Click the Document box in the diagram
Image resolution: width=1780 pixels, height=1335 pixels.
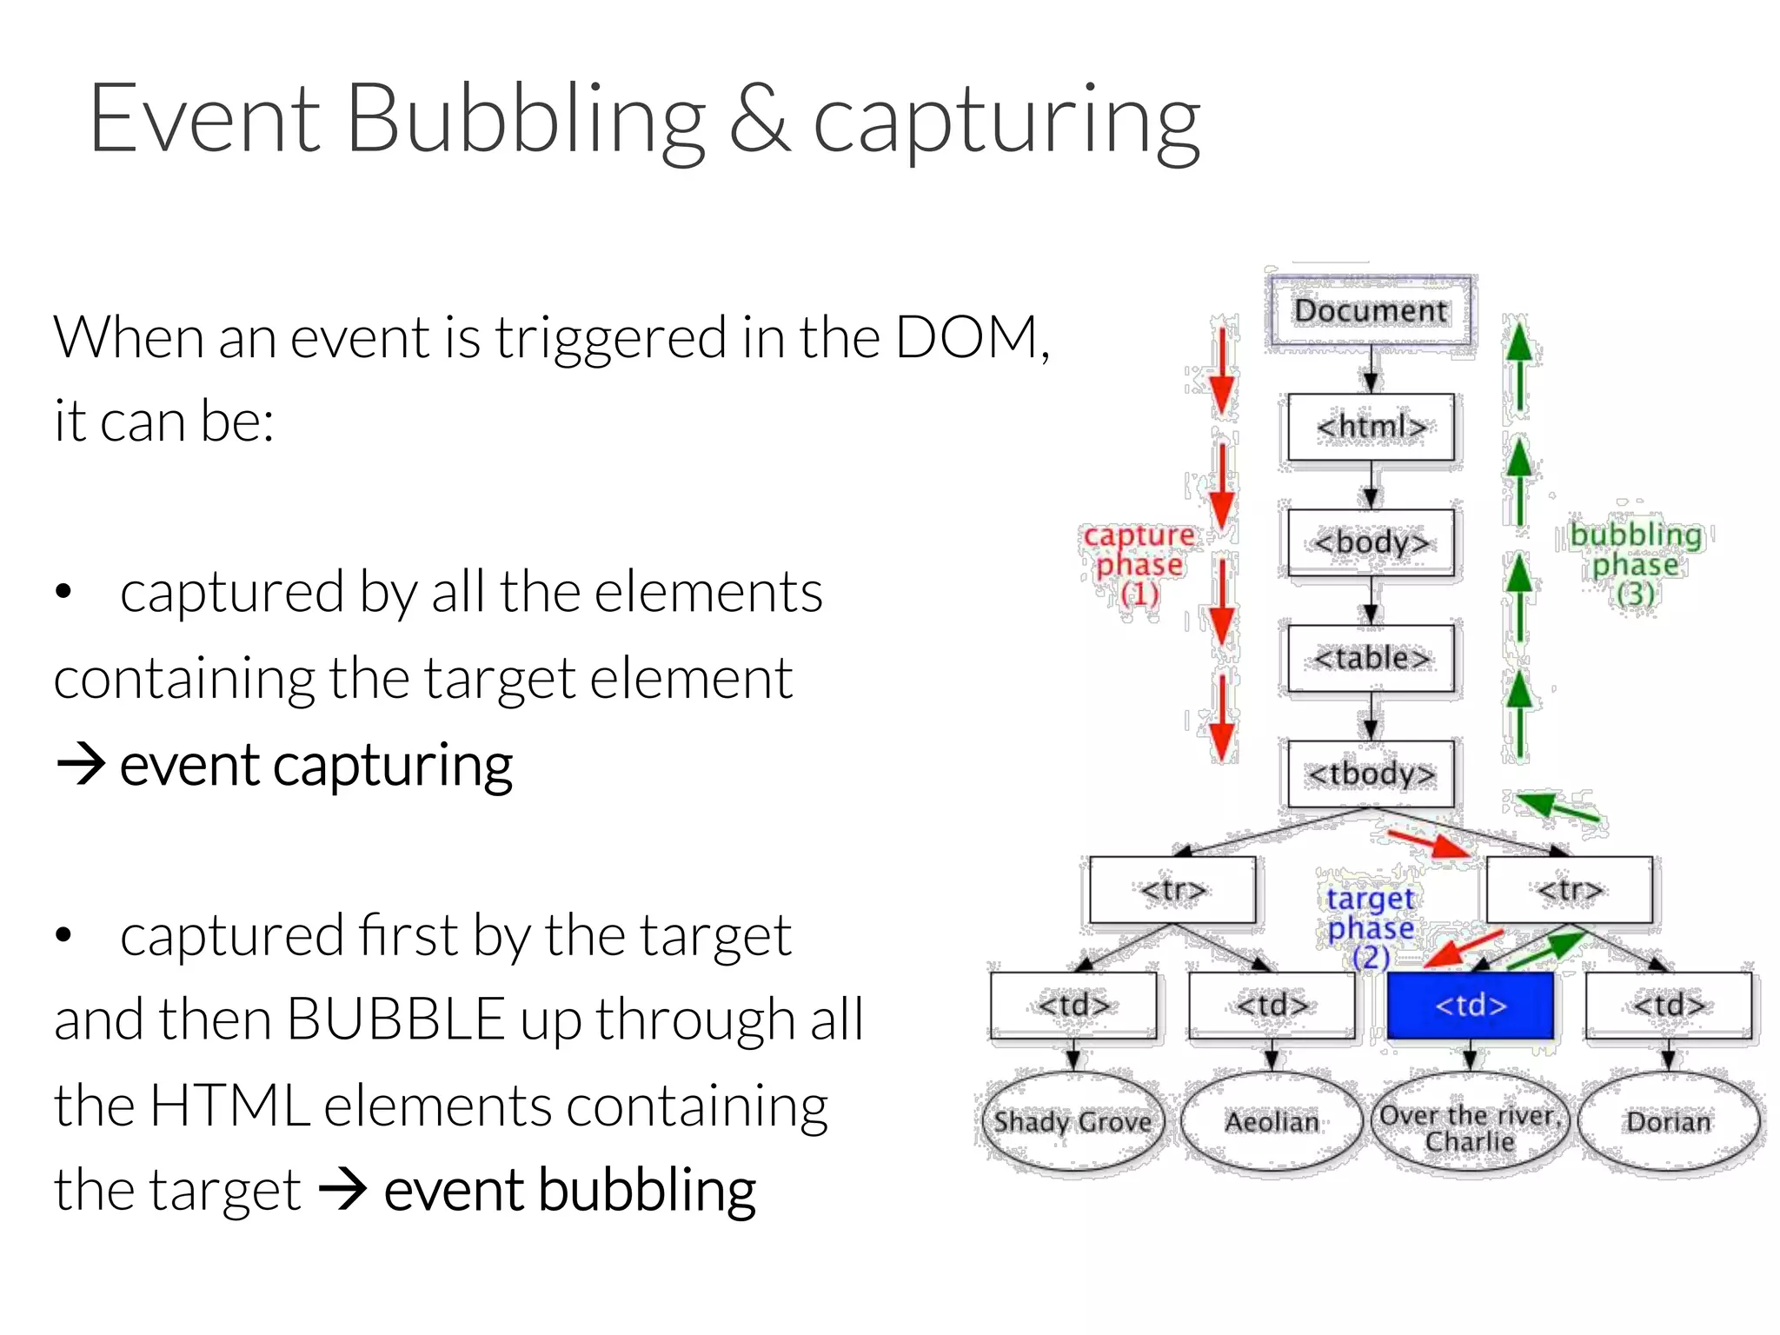1371,310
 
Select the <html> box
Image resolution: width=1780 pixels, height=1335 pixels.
1371,427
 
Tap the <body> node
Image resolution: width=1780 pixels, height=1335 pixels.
1371,542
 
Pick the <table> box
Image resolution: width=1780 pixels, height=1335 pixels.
1371,658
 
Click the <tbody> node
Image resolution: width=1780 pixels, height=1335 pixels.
1371,774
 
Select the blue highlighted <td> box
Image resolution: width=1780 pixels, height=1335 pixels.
1470,1006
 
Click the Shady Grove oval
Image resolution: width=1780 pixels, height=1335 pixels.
1073,1122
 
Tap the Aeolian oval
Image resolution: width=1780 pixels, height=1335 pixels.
1272,1122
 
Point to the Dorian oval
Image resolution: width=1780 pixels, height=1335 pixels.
1668,1122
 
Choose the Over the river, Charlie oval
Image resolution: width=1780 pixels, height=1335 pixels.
1470,1127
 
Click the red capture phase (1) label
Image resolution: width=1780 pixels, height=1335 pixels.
1139,565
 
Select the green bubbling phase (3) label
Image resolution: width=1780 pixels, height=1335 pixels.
1636,564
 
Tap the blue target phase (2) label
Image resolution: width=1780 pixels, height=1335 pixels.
1371,927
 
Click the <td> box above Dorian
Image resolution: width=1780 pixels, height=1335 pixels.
1668,1006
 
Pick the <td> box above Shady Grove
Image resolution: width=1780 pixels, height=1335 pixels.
1073,1006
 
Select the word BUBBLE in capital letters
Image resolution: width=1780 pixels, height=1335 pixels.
395,1019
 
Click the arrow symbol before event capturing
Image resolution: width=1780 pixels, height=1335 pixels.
81,765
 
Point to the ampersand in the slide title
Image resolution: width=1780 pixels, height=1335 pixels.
759,122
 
